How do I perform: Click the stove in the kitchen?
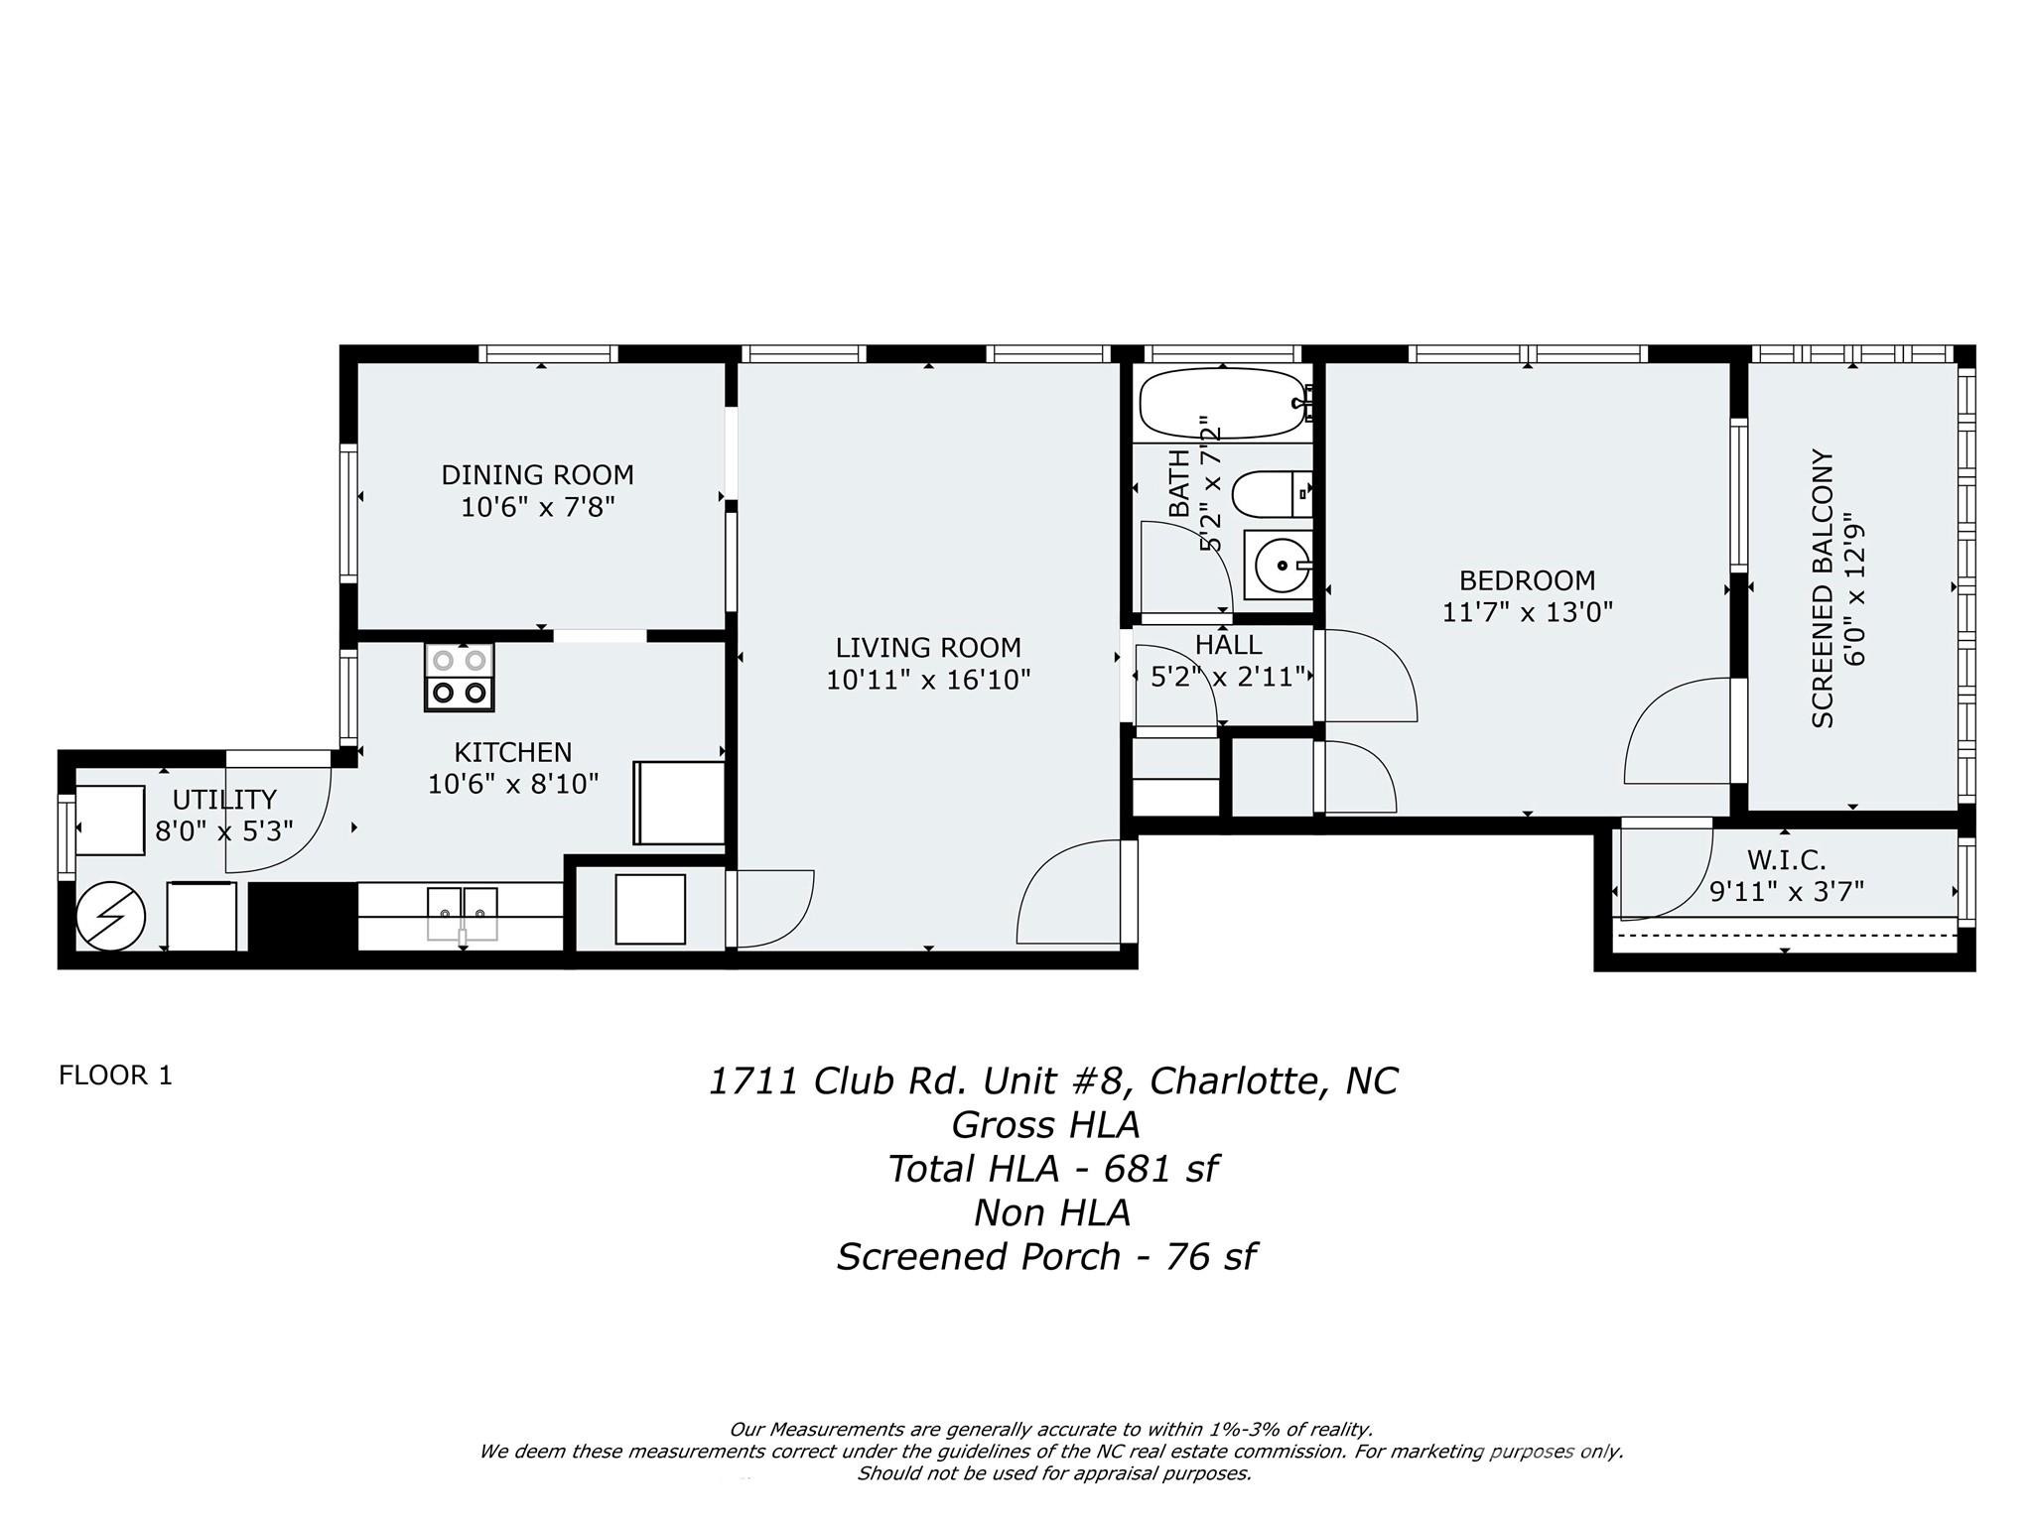pos(459,677)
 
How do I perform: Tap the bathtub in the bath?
pos(1221,404)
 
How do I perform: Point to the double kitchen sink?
pos(463,913)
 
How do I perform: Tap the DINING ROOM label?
pos(537,475)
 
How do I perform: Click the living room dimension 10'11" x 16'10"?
pos(928,681)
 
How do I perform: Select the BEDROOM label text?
pos(1527,580)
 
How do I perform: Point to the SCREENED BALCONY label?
pos(1822,588)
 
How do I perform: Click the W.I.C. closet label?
pos(1786,859)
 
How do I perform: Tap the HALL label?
pos(1228,645)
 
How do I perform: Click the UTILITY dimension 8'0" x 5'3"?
pos(223,831)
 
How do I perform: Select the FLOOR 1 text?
pos(115,1076)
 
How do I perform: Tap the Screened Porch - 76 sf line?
pos(1046,1257)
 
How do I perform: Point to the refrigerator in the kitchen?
pos(679,803)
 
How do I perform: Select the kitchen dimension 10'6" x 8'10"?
pos(512,785)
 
